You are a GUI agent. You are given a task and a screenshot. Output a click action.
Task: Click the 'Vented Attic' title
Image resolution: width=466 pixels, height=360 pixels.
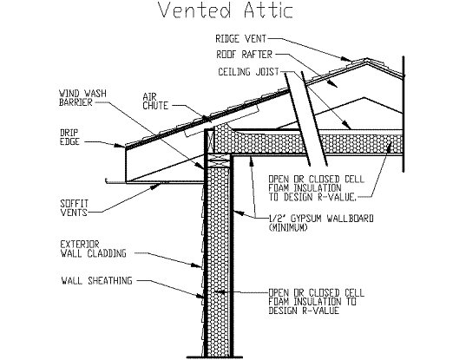pos(226,10)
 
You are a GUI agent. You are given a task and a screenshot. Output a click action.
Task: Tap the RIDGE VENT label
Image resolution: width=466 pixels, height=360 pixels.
pos(240,39)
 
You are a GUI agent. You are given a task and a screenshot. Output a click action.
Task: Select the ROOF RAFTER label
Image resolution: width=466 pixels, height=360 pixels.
pos(244,55)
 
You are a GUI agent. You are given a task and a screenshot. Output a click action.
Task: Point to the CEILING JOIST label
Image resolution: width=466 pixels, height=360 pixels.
pos(248,72)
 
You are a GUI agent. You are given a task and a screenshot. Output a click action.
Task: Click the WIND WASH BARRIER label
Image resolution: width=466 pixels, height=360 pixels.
pos(82,98)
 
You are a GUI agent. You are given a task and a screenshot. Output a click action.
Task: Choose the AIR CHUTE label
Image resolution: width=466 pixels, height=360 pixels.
pos(155,101)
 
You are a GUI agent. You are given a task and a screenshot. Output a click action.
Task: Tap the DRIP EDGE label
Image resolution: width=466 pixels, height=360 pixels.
pos(69,137)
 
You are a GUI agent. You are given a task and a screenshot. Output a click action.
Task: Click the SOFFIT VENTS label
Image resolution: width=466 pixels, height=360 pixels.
pos(75,208)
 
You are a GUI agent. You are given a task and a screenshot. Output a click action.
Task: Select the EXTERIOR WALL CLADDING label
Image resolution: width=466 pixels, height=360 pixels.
pos(94,249)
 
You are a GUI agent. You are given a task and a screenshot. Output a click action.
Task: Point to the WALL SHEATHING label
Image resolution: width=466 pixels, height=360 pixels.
pos(96,281)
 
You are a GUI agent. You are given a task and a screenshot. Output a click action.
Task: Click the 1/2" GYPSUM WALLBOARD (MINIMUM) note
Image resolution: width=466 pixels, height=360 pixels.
pos(321,223)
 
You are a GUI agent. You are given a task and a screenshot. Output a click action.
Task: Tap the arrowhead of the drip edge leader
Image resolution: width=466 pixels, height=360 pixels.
pos(122,146)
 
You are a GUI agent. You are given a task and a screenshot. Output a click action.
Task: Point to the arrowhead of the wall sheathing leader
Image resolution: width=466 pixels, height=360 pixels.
pos(200,296)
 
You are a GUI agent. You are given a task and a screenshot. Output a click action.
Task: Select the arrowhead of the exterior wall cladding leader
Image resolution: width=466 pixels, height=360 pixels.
pos(199,265)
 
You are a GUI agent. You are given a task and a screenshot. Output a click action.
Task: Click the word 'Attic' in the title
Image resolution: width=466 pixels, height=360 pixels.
pos(269,10)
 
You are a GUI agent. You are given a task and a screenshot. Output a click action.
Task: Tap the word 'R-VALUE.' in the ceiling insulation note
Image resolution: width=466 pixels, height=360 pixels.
pos(337,197)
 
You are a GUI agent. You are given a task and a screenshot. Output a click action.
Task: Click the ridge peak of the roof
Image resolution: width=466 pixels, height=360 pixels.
pos(367,59)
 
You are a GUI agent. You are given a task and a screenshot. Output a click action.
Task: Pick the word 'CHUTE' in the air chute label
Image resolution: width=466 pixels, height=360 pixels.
pos(155,106)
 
